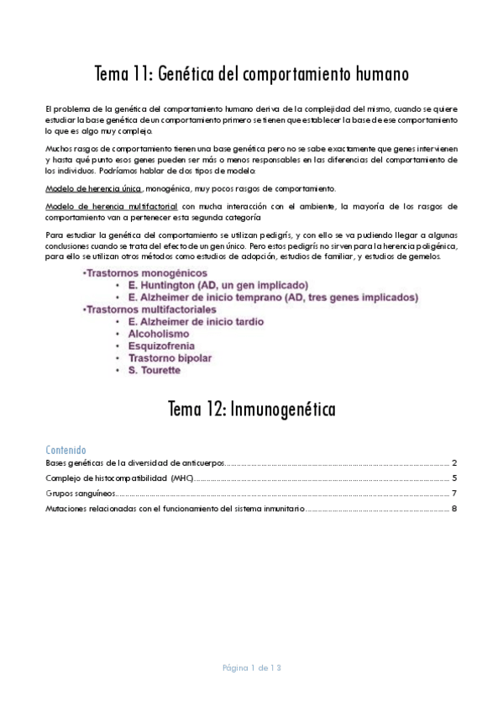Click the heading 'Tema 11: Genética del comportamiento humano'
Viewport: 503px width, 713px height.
(251, 74)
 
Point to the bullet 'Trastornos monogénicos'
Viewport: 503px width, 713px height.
(135, 274)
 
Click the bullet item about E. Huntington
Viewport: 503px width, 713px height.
(217, 286)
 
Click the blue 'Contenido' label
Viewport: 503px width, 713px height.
(65, 451)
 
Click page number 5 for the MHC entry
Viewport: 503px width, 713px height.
(453, 478)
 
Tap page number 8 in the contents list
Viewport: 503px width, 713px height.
(453, 508)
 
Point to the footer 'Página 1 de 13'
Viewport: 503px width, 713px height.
(251, 668)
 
